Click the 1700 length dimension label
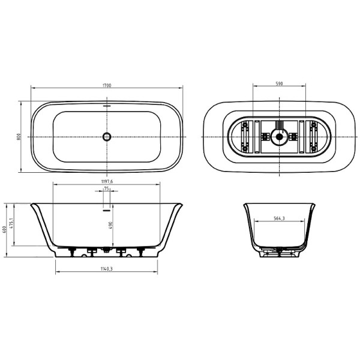(x=107, y=86)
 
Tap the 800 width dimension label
(x=19, y=137)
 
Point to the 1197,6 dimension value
(x=107, y=181)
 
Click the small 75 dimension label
(x=107, y=188)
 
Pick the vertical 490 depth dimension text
(x=111, y=225)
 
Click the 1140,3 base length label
(x=107, y=268)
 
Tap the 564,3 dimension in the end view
(x=279, y=219)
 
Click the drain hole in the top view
(x=107, y=137)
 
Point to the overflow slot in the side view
(x=107, y=210)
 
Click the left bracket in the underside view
(x=245, y=137)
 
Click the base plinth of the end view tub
(x=278, y=253)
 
